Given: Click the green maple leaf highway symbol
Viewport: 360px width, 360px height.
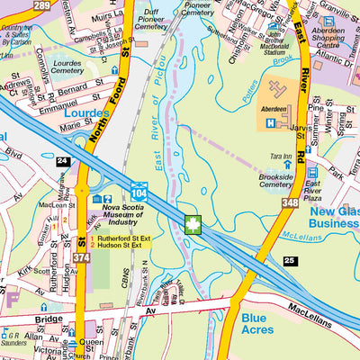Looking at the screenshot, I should pyautogui.click(x=191, y=224).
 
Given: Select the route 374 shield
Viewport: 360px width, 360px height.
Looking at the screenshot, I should pyautogui.click(x=81, y=259).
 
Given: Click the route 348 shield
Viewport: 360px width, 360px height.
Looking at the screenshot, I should pyautogui.click(x=288, y=205).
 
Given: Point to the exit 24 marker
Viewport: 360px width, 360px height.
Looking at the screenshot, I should pyautogui.click(x=61, y=161).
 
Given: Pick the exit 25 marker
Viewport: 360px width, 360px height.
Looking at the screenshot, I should pyautogui.click(x=289, y=261).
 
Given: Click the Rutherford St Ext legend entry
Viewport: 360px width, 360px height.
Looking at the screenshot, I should pyautogui.click(x=121, y=237).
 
